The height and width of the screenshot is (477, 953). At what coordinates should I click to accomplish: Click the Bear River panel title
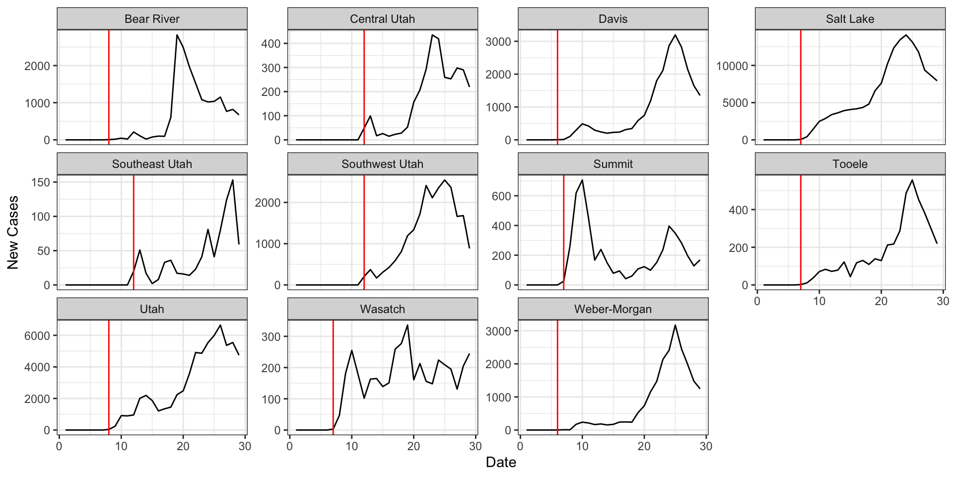click(x=152, y=19)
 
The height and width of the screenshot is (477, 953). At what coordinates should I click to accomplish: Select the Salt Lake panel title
click(x=850, y=19)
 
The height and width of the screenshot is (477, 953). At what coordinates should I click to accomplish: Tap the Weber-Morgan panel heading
click(x=613, y=309)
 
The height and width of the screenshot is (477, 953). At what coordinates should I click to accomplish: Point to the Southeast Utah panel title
click(x=152, y=164)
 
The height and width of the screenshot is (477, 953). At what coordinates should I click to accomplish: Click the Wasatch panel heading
click(x=382, y=309)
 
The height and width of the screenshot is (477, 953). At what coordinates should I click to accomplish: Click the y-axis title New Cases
click(x=13, y=233)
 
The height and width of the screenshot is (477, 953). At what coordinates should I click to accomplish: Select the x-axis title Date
click(x=501, y=463)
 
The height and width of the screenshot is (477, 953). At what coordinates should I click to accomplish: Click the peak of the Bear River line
click(x=177, y=35)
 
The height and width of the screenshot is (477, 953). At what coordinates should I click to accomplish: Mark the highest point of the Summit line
click(x=582, y=180)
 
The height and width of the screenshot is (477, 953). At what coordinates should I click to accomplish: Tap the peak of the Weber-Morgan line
click(x=675, y=325)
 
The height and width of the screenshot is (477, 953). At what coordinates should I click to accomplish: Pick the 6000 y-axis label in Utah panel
click(x=37, y=336)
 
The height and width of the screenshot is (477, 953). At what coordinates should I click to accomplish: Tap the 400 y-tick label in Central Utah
click(x=271, y=44)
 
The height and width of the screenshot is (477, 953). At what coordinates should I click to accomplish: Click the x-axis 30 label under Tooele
click(x=943, y=301)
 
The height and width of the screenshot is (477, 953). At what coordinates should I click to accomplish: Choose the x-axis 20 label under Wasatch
click(x=413, y=446)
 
